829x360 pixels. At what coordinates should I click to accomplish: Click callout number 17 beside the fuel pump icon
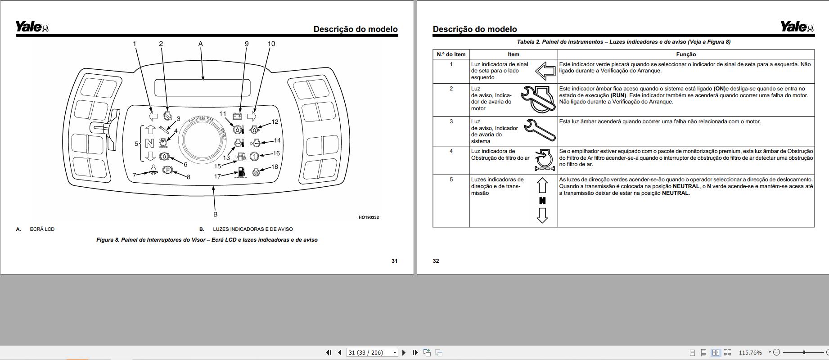coord(217,176)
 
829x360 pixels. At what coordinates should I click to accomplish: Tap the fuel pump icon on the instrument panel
coord(241,172)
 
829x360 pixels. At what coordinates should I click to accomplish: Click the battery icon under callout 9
coord(237,116)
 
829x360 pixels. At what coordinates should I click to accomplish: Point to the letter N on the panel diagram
coord(149,144)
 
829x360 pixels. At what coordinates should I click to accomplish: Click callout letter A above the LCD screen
coord(201,44)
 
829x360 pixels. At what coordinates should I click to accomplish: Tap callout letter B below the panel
coord(215,214)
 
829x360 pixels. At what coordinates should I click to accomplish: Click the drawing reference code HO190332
coord(369,217)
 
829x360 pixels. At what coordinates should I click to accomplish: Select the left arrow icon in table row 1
coord(545,71)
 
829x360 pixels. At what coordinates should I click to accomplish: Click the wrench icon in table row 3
coord(540,130)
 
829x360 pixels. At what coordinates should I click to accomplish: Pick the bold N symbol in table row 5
coord(542,201)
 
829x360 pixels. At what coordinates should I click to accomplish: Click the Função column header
coord(686,54)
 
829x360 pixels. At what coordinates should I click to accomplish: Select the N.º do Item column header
coord(451,54)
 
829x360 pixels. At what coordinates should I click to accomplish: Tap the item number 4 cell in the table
coord(451,151)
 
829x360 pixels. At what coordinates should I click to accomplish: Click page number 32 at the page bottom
coord(436,261)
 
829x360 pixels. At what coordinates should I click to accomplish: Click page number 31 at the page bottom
coord(394,261)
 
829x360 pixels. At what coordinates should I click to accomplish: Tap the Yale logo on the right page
coord(797,27)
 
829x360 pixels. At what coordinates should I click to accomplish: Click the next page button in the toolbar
coord(404,353)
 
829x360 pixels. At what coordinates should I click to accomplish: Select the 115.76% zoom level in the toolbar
coord(750,353)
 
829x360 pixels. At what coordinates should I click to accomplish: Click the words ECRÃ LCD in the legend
coord(42,229)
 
